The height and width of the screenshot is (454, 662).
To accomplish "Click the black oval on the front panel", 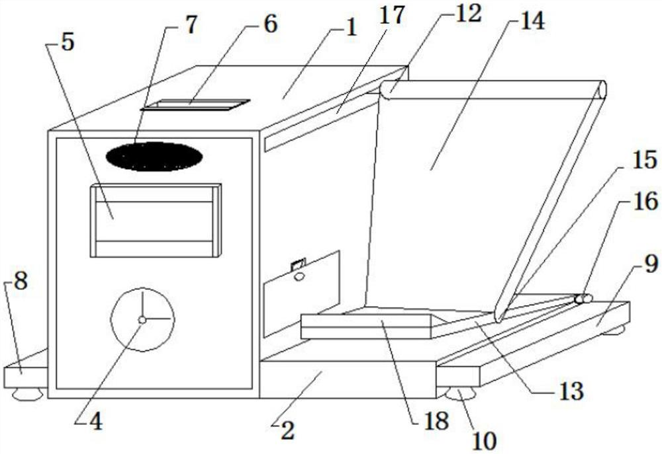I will pyautogui.click(x=154, y=157).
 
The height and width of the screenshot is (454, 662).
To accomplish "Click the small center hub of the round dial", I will pyautogui.click(x=142, y=320).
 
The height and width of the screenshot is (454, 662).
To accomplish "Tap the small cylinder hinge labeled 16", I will pyautogui.click(x=584, y=299).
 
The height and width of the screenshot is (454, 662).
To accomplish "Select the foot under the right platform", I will pyautogui.click(x=461, y=396).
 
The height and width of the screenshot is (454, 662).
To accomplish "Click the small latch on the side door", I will pyautogui.click(x=298, y=265).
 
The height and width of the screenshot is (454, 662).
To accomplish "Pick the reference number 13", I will pyautogui.click(x=569, y=391).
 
